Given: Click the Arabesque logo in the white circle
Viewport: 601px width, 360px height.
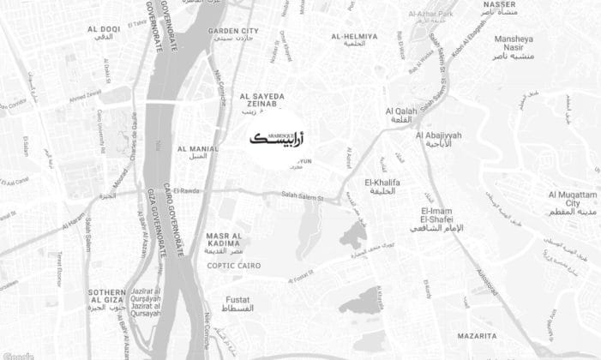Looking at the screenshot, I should (280, 139).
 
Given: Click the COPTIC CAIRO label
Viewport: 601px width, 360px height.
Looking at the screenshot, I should (232, 266).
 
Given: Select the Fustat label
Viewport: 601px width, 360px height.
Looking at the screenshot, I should (237, 302).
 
